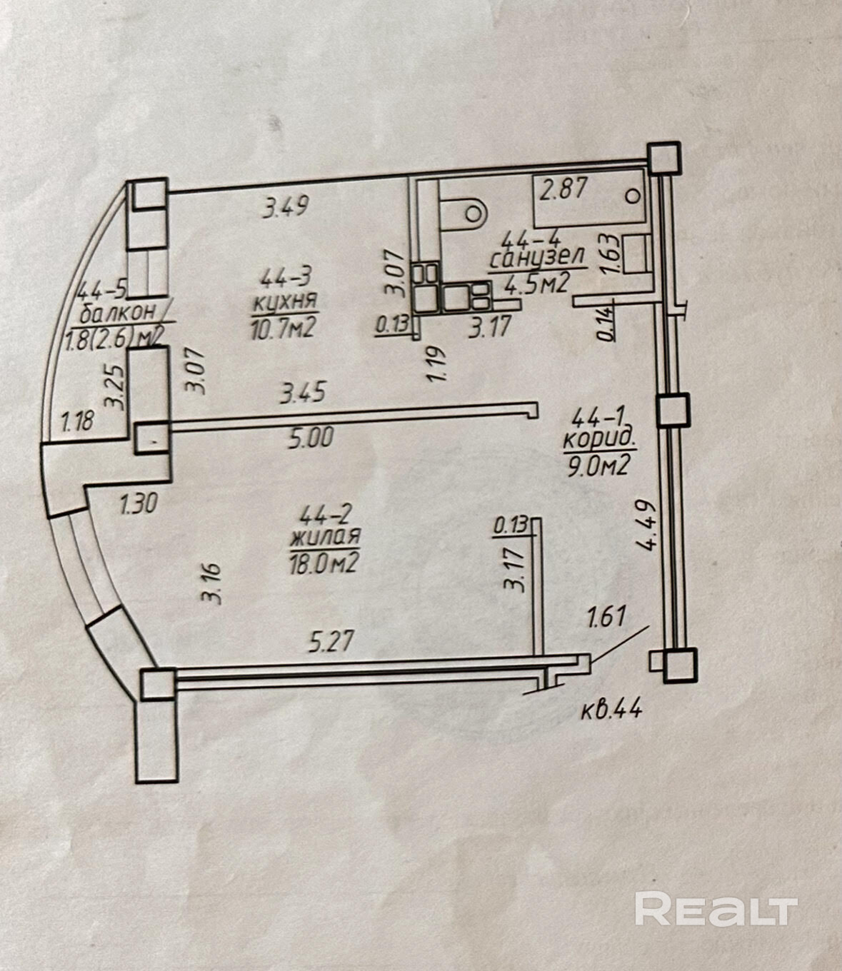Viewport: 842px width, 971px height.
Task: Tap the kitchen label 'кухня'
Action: (x=284, y=303)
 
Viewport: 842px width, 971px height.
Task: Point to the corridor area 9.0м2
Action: (x=598, y=466)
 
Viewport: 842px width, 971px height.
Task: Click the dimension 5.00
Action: (x=309, y=438)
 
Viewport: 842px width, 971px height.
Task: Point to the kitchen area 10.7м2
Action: (x=283, y=328)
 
